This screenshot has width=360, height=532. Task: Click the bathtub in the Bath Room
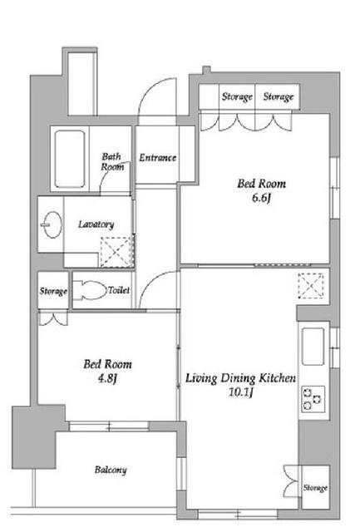pos(70,159)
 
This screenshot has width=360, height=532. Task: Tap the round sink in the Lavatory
pos(52,224)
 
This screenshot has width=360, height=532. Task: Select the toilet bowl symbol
pos(90,290)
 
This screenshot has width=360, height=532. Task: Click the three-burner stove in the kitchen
pos(313,399)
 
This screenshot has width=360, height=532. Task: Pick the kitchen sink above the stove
pos(313,346)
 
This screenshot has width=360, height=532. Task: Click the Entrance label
pos(157,158)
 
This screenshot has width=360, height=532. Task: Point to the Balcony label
pos(111,470)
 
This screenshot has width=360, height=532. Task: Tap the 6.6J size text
pos(261,198)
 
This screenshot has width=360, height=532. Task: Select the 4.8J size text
pos(107,378)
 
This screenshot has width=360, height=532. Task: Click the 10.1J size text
pos(240,392)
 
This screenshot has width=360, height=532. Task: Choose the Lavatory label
pos(96,224)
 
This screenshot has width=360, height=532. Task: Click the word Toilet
pos(119,290)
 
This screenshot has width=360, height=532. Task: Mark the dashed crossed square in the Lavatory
pos(116,252)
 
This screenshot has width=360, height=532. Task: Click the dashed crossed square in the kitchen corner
pos(311,286)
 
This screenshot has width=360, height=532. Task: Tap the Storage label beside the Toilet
pos(53,291)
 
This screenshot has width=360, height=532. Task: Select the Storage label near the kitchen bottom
pos(315,488)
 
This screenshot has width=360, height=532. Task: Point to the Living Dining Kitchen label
pos(240,378)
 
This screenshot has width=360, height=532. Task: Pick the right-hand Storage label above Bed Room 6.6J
pos(279,97)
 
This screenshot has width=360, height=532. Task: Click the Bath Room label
pos(112,162)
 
